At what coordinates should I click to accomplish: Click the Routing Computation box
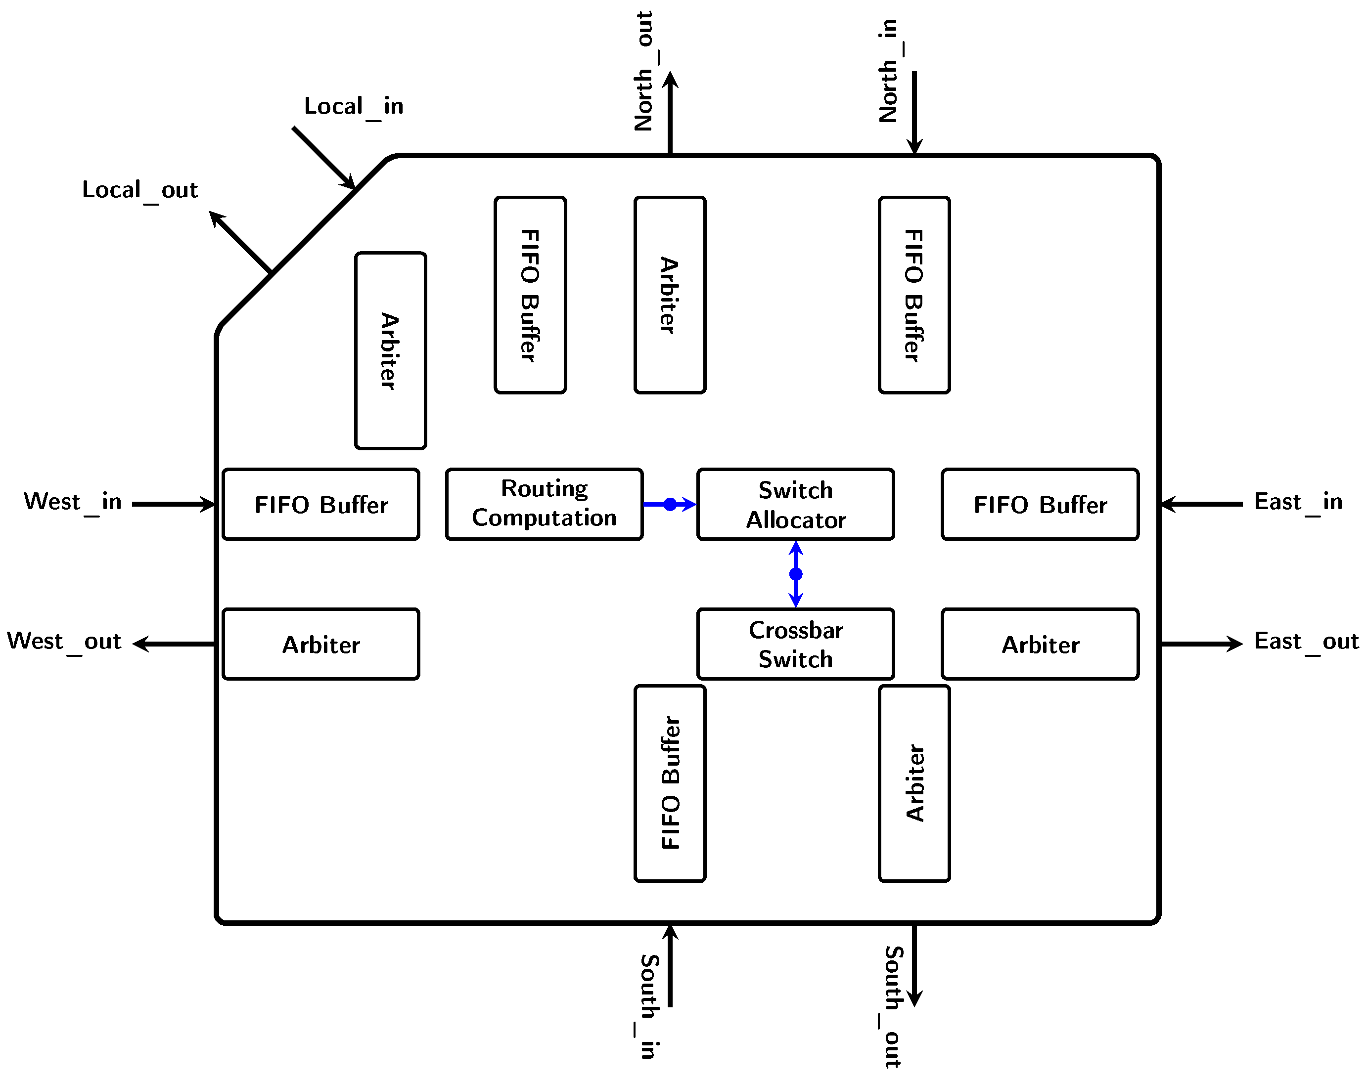[544, 504]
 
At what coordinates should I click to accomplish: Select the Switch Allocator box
[795, 504]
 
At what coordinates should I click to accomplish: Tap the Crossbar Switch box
[795, 644]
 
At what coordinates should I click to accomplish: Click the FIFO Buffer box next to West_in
[320, 504]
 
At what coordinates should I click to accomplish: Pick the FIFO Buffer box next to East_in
[1040, 504]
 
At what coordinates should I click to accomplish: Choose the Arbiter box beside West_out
[320, 644]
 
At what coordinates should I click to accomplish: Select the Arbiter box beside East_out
[1040, 644]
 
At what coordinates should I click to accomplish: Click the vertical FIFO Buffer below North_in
[914, 295]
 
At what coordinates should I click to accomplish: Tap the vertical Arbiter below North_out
[670, 295]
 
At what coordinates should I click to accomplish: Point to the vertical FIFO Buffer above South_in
[670, 783]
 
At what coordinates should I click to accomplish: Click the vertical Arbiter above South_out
[914, 783]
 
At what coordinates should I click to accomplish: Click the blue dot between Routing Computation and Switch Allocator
[670, 504]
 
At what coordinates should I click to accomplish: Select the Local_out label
[140, 190]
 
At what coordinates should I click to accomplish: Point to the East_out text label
[1306, 642]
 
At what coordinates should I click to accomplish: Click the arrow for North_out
[670, 113]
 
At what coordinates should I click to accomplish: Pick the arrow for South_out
[914, 965]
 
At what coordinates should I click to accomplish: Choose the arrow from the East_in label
[1201, 504]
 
